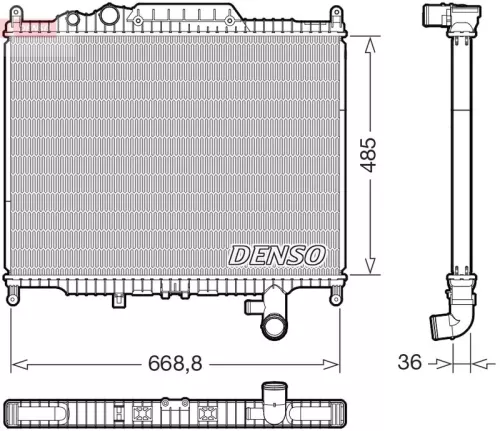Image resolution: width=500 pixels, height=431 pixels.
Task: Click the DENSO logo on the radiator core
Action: [x=277, y=255]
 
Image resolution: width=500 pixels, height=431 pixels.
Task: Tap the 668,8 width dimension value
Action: [x=174, y=363]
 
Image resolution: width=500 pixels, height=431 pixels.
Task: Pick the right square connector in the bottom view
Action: [x=209, y=411]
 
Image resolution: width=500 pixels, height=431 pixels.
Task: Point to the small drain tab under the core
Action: [x=118, y=299]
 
